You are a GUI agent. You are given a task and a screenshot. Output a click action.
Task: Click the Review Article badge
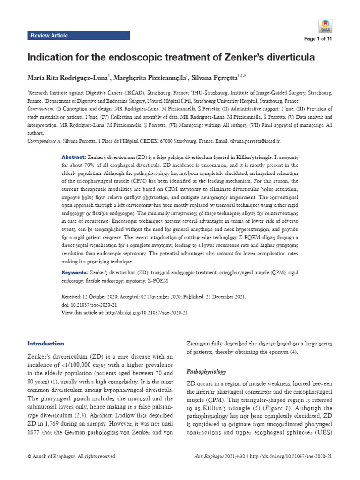pyautogui.click(x=49, y=36)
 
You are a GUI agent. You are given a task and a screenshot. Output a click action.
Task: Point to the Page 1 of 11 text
pyautogui.click(x=319, y=39)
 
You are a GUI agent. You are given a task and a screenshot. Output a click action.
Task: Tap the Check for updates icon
pyautogui.click(x=325, y=25)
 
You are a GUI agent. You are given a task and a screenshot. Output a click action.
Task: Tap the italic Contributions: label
pyautogui.click(x=41, y=109)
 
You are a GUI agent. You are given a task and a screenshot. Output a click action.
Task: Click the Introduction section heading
pyautogui.click(x=45, y=344)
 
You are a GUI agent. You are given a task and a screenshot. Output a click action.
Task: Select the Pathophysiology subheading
pyautogui.click(x=207, y=372)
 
